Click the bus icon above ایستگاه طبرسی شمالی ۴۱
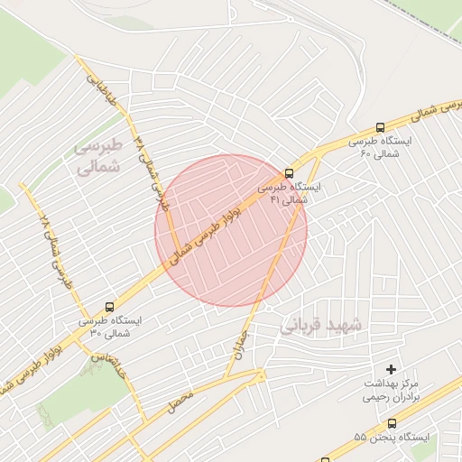[289, 172]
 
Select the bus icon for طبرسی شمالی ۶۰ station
[381, 128]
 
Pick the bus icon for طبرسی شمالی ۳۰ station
[109, 307]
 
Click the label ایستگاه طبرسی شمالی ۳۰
[110, 327]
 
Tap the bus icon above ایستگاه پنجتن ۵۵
[392, 423]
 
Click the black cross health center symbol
[391, 369]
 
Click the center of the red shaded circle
[231, 231]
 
